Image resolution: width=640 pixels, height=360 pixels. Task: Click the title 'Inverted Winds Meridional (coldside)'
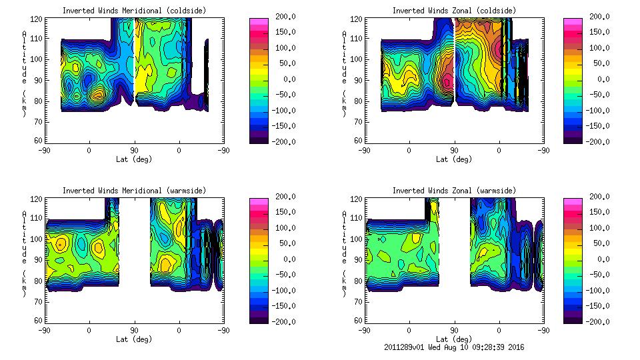point(135,11)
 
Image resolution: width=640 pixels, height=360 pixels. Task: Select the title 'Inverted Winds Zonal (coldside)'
point(453,11)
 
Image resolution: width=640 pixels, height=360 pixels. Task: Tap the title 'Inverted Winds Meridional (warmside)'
point(135,191)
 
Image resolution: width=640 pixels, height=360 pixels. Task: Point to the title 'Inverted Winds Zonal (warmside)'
point(453,191)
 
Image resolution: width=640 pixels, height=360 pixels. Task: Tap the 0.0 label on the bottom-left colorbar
point(285,259)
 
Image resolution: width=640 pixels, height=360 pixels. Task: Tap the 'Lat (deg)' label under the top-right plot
point(454,159)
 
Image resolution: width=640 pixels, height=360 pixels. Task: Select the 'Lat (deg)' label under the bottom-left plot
point(135,339)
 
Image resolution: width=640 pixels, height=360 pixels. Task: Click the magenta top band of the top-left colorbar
point(257,22)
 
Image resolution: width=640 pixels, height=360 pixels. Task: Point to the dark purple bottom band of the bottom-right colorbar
point(573,319)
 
